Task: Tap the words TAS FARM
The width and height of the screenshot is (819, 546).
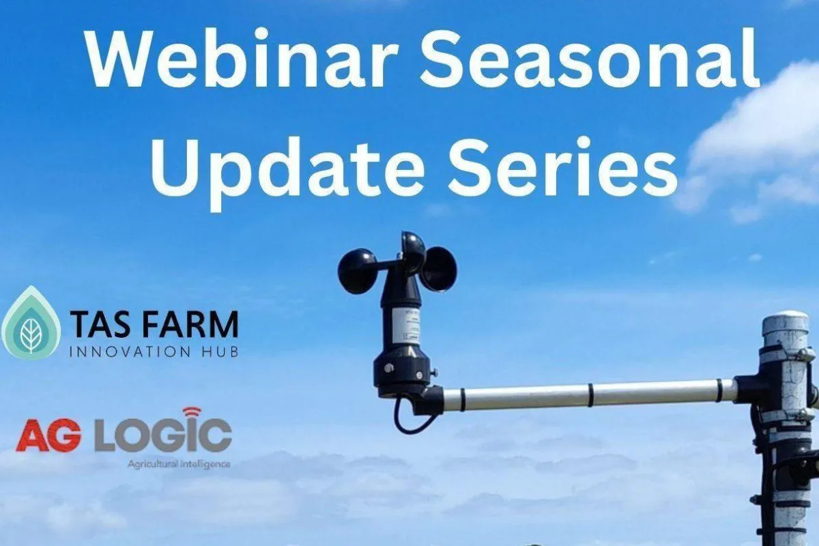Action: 154,324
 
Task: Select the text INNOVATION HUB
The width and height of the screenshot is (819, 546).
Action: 154,352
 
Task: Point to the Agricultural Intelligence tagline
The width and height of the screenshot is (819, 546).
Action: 179,464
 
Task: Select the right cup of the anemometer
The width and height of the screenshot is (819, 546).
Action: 438,268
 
